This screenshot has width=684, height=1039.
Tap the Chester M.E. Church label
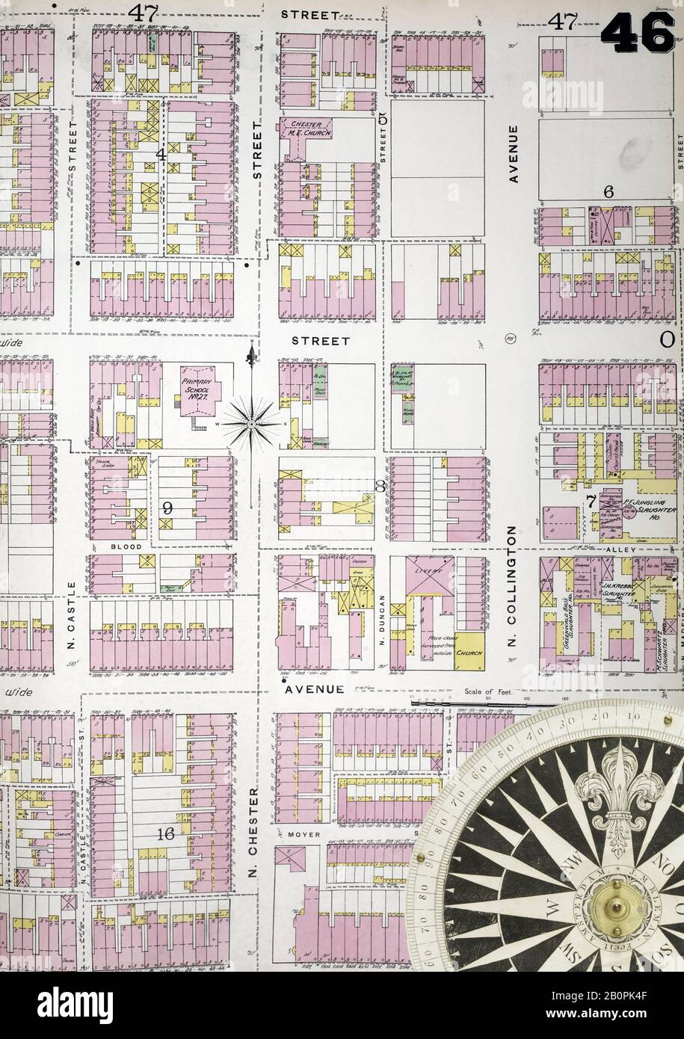[306, 129]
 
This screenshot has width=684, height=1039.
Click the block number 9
[167, 508]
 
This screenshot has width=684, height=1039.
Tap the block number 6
[608, 192]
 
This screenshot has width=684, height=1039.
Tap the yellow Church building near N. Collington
[472, 653]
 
